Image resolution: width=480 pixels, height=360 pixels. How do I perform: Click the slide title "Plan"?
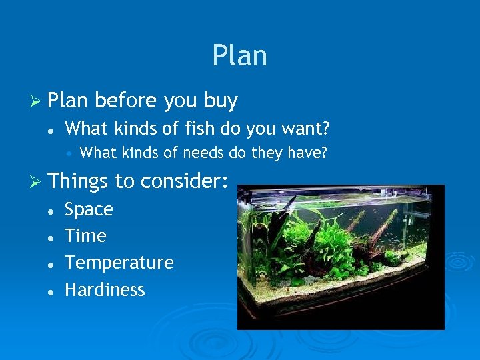[x=239, y=56]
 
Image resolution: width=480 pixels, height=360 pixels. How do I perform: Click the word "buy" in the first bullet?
[x=221, y=101]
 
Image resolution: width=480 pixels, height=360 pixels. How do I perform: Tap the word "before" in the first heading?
[x=125, y=101]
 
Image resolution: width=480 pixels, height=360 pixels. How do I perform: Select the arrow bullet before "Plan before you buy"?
[x=38, y=101]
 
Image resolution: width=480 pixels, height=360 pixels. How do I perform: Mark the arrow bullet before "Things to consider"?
[x=38, y=181]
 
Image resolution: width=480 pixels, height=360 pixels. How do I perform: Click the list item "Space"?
[x=89, y=210]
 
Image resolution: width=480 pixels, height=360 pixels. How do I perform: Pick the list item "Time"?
[x=85, y=236]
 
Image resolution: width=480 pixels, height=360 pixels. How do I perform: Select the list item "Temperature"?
[x=119, y=263]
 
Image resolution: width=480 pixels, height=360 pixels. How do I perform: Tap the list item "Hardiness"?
[x=105, y=290]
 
